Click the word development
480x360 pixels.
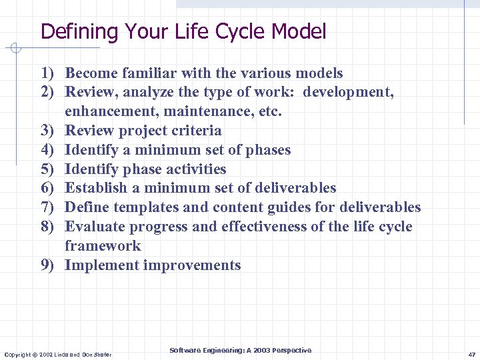tap(348, 93)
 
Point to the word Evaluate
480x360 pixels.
tap(94, 227)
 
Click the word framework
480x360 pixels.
tap(103, 246)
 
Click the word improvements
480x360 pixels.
tap(192, 265)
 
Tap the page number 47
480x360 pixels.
tap(471, 354)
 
